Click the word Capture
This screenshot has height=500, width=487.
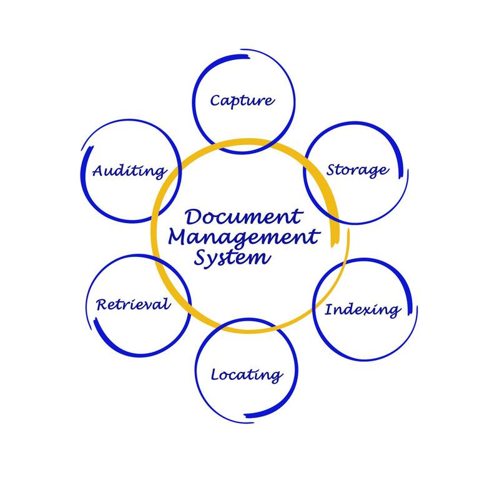[x=242, y=100]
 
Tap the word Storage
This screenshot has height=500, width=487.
[x=358, y=170]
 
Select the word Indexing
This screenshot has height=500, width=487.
[x=363, y=309]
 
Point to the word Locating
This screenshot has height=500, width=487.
[x=246, y=375]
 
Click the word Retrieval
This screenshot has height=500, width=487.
[x=132, y=304]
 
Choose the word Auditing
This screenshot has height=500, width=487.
[x=129, y=170]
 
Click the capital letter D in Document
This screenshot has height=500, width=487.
[x=194, y=217]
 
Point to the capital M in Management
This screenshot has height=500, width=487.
[x=180, y=237]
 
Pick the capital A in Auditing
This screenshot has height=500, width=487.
[x=99, y=170]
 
